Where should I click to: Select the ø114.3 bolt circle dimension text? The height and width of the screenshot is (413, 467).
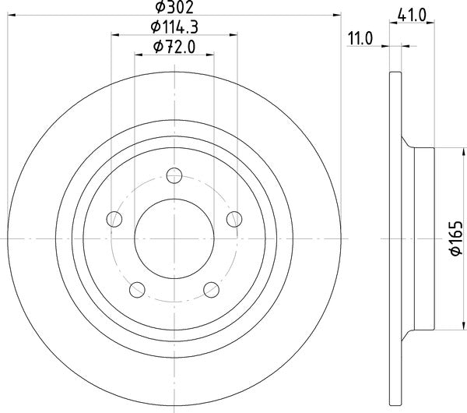pyautogui.click(x=174, y=27)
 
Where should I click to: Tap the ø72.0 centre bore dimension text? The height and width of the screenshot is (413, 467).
pyautogui.click(x=174, y=48)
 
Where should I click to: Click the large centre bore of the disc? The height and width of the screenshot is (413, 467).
pyautogui.click(x=174, y=237)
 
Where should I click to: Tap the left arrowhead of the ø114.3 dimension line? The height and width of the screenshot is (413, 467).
pyautogui.click(x=115, y=34)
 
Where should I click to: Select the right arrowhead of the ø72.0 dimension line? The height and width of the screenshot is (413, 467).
pyautogui.click(x=209, y=54)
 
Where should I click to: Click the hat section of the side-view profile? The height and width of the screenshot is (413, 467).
pyautogui.click(x=420, y=237)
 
